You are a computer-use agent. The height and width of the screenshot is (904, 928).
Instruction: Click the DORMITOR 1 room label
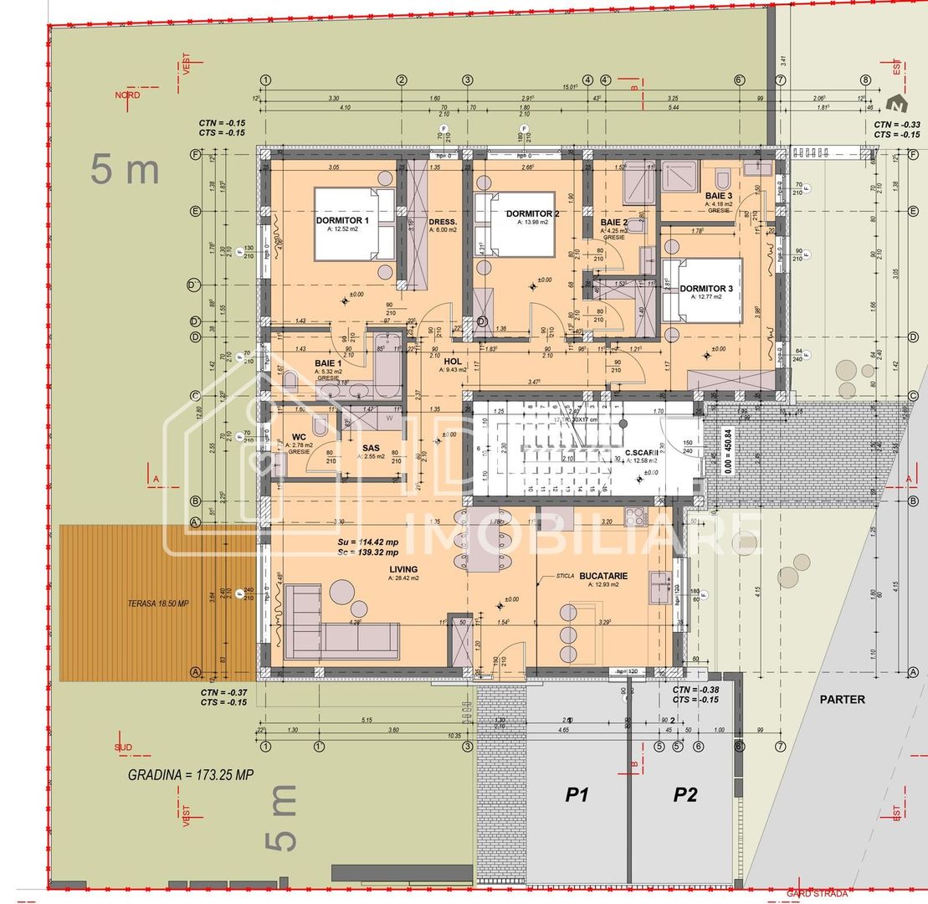point(343,220)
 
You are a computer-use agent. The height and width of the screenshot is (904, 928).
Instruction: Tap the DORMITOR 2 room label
point(532,214)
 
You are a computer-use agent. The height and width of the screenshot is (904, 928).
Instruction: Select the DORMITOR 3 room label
point(705,289)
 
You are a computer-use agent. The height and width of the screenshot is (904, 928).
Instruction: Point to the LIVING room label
point(402,569)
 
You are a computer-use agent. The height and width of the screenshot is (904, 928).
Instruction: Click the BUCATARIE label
point(602,576)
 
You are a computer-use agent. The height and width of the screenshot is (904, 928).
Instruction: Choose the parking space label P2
point(685,795)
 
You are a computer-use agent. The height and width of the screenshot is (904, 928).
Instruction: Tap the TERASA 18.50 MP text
point(158,604)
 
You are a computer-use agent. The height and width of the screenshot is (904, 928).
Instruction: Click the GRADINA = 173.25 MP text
point(190,774)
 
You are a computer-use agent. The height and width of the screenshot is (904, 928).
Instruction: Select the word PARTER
point(842,699)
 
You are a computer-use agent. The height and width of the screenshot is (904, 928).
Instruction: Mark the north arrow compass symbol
point(897,105)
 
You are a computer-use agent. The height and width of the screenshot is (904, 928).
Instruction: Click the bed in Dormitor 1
point(355,224)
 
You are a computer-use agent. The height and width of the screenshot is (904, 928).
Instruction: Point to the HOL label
point(454,362)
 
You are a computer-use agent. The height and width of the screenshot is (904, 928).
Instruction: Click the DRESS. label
point(443,222)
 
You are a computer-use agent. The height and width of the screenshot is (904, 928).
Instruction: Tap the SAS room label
point(372,448)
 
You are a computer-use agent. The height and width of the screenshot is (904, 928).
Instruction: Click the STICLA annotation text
point(565,577)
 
